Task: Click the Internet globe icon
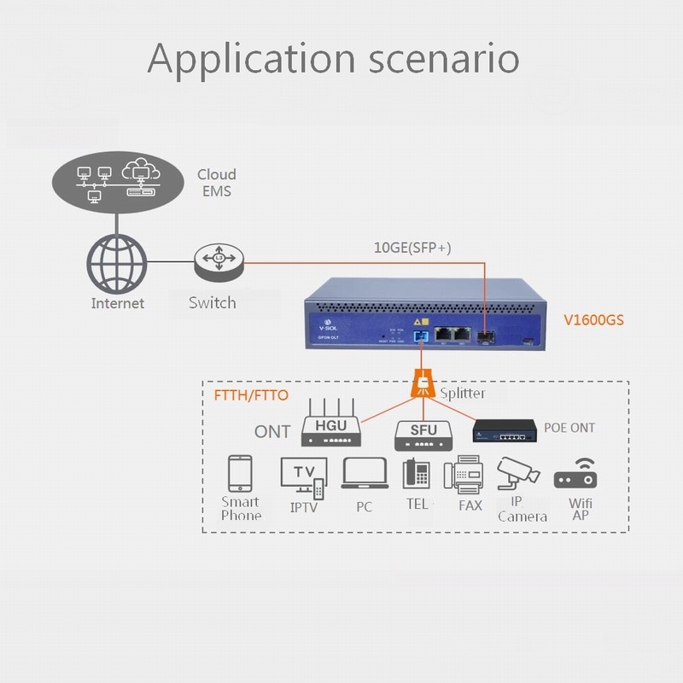tap(117, 264)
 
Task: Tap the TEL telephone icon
tap(416, 476)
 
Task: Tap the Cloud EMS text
tap(217, 183)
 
